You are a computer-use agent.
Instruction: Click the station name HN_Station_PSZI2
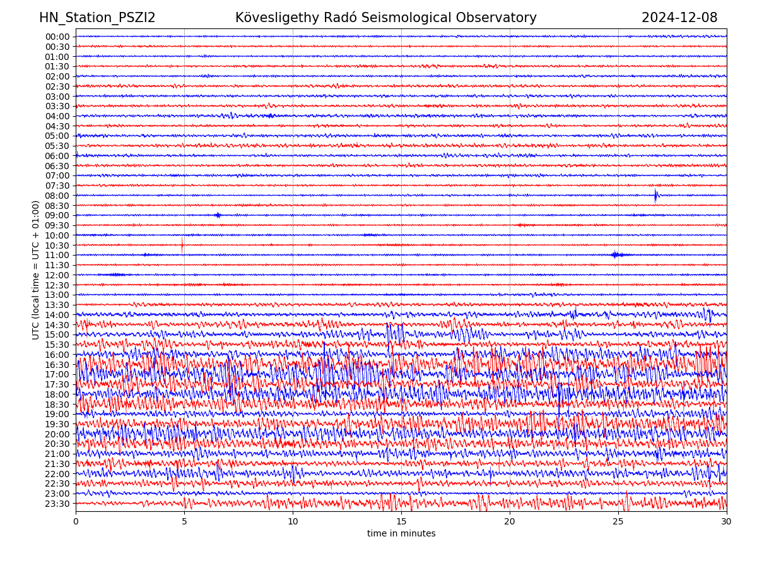click(97, 18)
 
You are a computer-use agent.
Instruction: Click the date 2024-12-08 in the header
click(679, 18)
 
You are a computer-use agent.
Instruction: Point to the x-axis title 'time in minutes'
click(401, 533)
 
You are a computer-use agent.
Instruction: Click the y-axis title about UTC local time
click(36, 269)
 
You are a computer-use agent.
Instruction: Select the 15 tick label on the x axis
click(401, 521)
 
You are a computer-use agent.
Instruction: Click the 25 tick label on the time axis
click(618, 521)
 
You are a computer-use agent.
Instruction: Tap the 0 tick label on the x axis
click(76, 521)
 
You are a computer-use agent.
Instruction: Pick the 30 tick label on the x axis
click(727, 521)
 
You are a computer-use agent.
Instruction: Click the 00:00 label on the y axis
click(57, 37)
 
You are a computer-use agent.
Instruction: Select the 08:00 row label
click(57, 196)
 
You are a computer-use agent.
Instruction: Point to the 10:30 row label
click(57, 246)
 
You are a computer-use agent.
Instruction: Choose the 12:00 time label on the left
click(57, 275)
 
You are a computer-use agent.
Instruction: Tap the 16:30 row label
click(57, 365)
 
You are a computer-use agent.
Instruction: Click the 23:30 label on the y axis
click(57, 504)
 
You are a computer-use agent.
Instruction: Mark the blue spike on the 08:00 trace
click(656, 195)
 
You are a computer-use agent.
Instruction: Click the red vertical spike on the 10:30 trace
click(182, 245)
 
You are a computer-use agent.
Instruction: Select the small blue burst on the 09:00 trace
click(218, 215)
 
